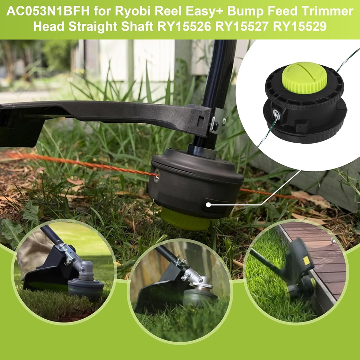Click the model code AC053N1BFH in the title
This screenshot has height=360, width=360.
pyautogui.click(x=48, y=12)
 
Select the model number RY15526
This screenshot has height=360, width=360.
pyautogui.click(x=184, y=26)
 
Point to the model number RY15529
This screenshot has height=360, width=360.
pyautogui.click(x=300, y=26)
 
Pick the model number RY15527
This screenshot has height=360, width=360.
pyautogui.click(x=242, y=26)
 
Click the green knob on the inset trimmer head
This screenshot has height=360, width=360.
pyautogui.click(x=305, y=78)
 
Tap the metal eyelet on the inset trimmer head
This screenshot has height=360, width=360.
pyautogui.click(x=276, y=114)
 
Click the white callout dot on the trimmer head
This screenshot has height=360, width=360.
pyautogui.click(x=208, y=204)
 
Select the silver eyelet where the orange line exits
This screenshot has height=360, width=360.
pyautogui.click(x=157, y=176)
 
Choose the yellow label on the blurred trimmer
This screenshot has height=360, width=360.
pyautogui.click(x=306, y=260)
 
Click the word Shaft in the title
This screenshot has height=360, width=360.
pyautogui.click(x=137, y=26)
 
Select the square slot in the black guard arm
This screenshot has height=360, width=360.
pyautogui.click(x=201, y=121)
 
